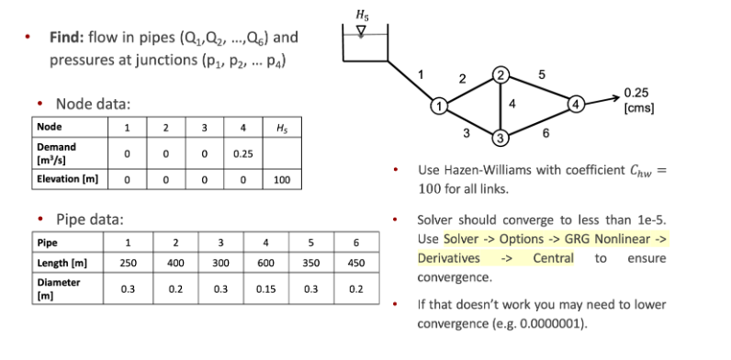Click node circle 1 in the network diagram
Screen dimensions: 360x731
pyautogui.click(x=440, y=105)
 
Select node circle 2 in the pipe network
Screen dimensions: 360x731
pyautogui.click(x=500, y=73)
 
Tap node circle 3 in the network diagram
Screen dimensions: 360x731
pyautogui.click(x=500, y=139)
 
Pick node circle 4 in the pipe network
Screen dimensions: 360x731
pyautogui.click(x=577, y=102)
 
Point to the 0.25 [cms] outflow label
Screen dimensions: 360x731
pyautogui.click(x=636, y=100)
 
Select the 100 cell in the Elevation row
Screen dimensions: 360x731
pyautogui.click(x=281, y=181)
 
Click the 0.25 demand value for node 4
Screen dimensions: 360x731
pyautogui.click(x=242, y=153)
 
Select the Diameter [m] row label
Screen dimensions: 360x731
pyautogui.click(x=58, y=288)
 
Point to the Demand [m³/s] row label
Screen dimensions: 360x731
pyautogui.click(x=57, y=152)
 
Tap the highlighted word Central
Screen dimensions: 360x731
pyautogui.click(x=553, y=258)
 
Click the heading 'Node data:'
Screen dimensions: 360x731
pyautogui.click(x=94, y=103)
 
